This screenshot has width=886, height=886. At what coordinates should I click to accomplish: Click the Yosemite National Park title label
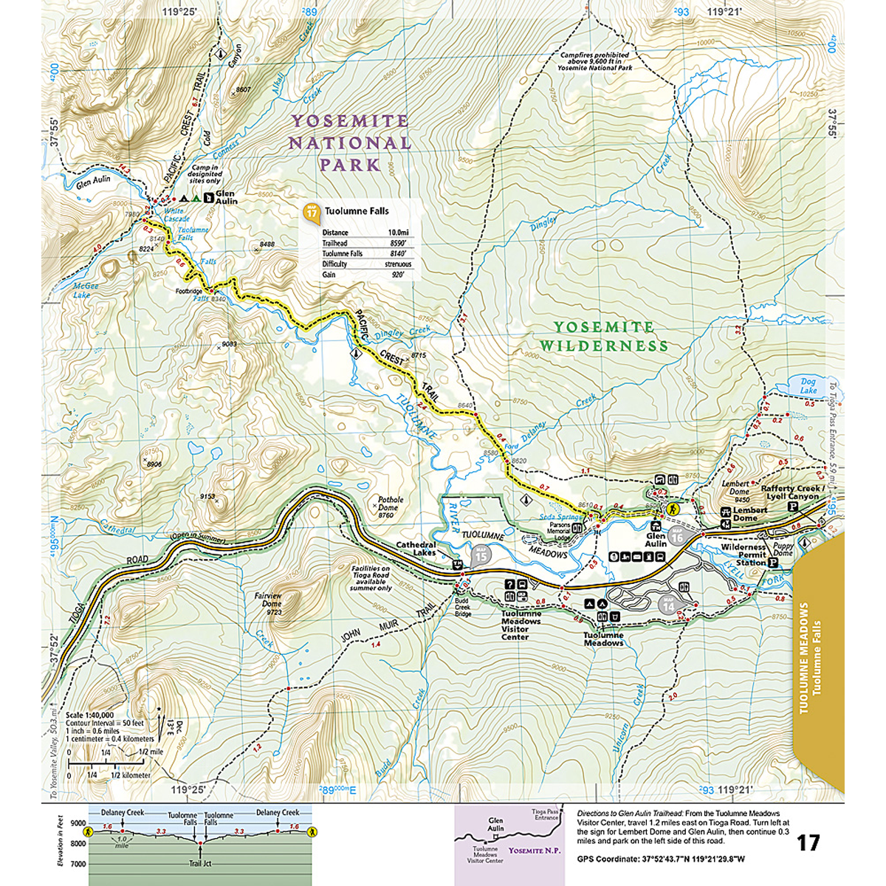tap(349, 142)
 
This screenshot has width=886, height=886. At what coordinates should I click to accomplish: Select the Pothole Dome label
tap(391, 507)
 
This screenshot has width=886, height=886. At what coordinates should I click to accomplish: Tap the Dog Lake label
tap(808, 385)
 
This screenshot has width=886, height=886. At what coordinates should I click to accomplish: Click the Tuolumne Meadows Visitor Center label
tap(521, 625)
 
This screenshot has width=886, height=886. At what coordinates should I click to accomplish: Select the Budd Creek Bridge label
tap(462, 608)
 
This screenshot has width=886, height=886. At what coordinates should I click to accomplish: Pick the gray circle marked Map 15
tap(481, 554)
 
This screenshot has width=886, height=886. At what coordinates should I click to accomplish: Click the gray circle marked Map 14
tap(669, 605)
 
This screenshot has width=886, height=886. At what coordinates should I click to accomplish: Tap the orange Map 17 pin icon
tap(312, 213)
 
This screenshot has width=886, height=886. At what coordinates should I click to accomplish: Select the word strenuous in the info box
tap(398, 264)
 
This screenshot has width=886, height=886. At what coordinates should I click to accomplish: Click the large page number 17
tap(808, 842)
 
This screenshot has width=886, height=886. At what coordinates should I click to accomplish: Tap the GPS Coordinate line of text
tap(661, 859)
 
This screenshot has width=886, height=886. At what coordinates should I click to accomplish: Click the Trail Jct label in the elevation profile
tap(199, 862)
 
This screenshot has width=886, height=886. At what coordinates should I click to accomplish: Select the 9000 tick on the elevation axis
tap(78, 823)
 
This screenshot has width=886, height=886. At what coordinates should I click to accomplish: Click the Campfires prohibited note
tap(594, 61)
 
